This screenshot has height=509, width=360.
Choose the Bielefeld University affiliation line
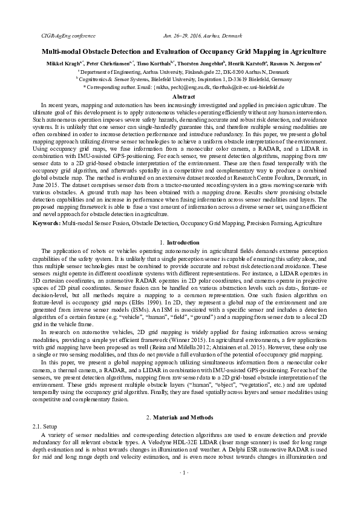tap(179, 79)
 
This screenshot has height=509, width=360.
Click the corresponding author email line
tap(179, 87)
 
